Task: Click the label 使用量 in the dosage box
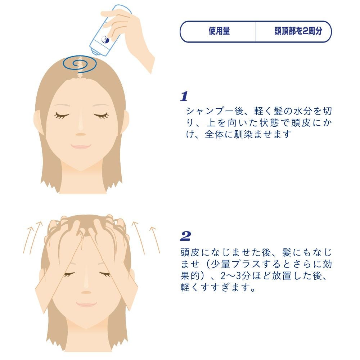coord(219,31)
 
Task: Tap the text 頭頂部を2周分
coord(298,31)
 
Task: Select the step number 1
coord(184,96)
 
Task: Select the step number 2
coord(185,236)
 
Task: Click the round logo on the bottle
coord(105,40)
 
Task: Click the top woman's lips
coord(81,146)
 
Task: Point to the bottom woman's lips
coord(86,304)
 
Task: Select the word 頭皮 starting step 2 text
coord(190,252)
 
